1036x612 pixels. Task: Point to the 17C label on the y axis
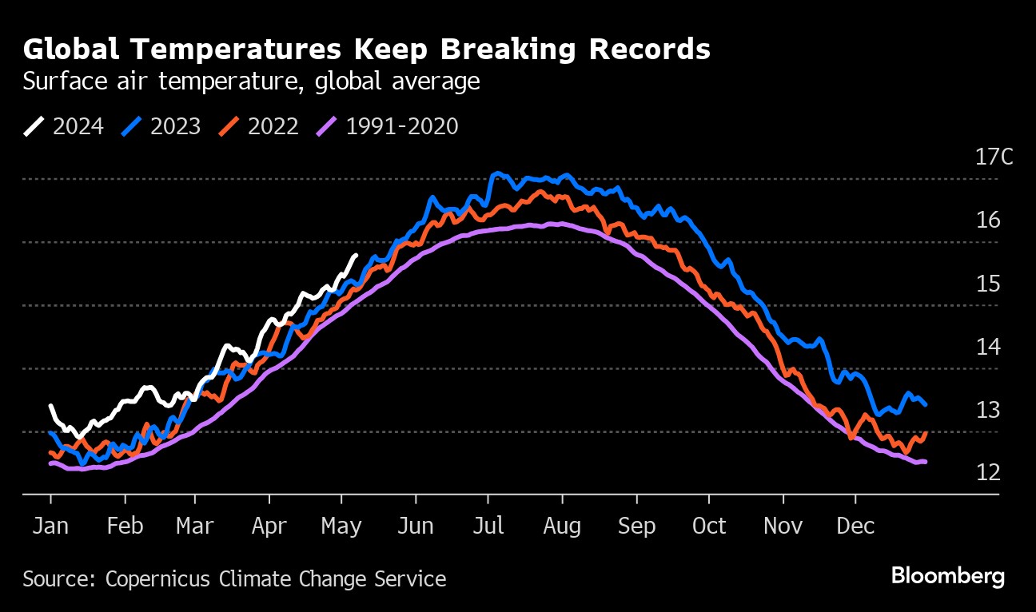tap(994, 157)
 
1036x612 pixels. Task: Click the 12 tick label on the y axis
tap(988, 472)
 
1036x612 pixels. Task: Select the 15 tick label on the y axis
tap(988, 283)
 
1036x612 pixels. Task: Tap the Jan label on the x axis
tap(51, 526)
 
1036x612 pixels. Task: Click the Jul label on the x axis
tap(488, 526)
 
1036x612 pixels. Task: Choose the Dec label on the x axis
tap(856, 526)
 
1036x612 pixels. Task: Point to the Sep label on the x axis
tap(637, 526)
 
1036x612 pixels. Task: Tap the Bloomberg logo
tap(947, 576)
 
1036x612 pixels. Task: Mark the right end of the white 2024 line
tap(357, 255)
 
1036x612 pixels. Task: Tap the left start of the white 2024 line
tap(51, 406)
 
